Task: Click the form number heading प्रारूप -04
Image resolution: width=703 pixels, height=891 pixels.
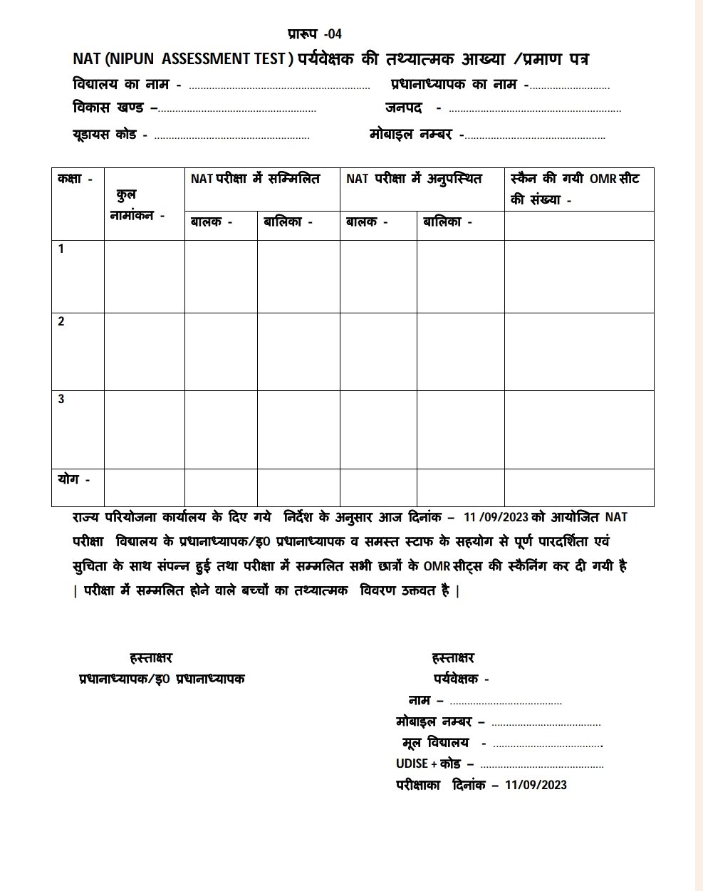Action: pyautogui.click(x=315, y=33)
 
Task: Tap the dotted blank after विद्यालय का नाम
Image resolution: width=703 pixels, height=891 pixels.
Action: pyautogui.click(x=279, y=88)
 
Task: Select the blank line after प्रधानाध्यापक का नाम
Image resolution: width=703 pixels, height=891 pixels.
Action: pyautogui.click(x=570, y=88)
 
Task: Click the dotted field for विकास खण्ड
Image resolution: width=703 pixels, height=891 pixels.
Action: pyautogui.click(x=237, y=110)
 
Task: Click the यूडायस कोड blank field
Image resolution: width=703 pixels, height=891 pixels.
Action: pyautogui.click(x=231, y=137)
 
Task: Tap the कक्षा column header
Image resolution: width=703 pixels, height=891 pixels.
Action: pyautogui.click(x=75, y=179)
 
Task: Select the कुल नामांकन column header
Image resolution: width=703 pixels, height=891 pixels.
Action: pyautogui.click(x=137, y=204)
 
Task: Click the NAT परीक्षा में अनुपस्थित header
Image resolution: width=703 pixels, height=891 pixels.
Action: pyautogui.click(x=414, y=179)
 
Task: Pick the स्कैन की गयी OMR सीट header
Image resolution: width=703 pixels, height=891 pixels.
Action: pyautogui.click(x=574, y=189)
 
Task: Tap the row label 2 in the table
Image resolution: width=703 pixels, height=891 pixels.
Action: pyautogui.click(x=61, y=322)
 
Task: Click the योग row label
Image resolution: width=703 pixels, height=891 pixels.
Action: pyautogui.click(x=73, y=479)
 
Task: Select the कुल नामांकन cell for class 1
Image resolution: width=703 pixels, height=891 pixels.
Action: pyautogui.click(x=144, y=276)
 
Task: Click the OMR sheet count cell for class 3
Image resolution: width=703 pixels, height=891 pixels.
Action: pyautogui.click(x=578, y=429)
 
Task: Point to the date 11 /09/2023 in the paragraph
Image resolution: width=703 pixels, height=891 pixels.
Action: pyautogui.click(x=495, y=518)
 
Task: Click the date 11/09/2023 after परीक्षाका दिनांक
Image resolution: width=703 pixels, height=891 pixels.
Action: pyautogui.click(x=536, y=785)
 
